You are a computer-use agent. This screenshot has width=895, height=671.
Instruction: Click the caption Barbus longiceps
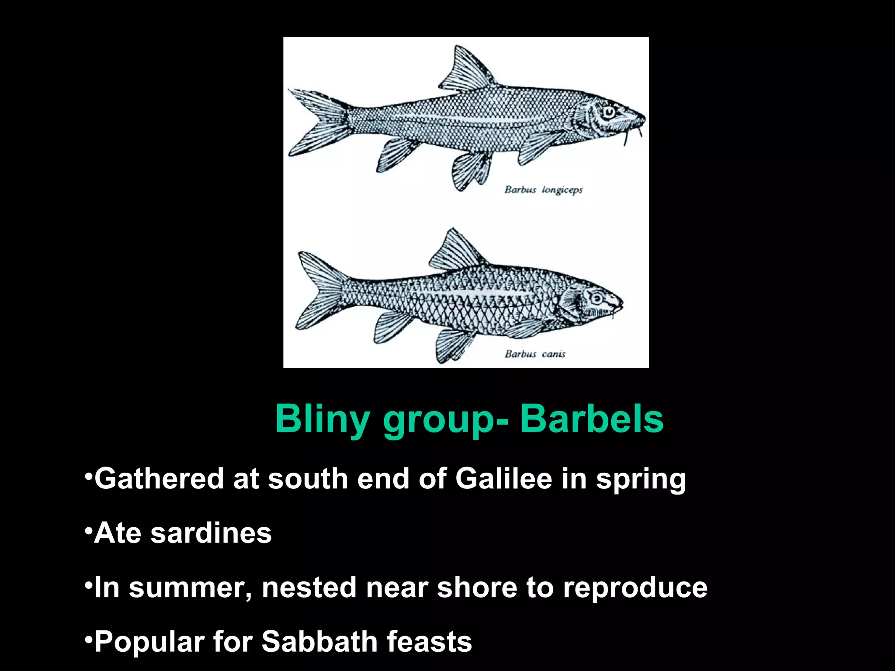click(x=544, y=190)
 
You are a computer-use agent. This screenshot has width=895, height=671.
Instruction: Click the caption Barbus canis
click(x=535, y=354)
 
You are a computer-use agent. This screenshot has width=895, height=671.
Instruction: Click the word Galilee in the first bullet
click(x=503, y=479)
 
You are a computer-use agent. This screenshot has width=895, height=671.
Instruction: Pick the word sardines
click(x=211, y=533)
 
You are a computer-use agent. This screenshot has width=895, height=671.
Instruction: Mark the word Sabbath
click(x=319, y=642)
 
